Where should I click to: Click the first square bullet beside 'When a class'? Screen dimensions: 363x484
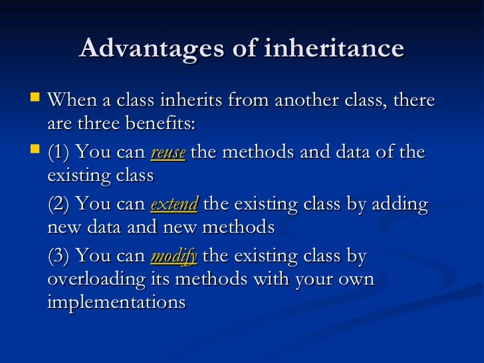(36, 100)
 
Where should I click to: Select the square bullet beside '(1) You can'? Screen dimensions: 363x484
(36, 152)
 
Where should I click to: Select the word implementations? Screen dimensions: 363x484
(116, 302)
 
